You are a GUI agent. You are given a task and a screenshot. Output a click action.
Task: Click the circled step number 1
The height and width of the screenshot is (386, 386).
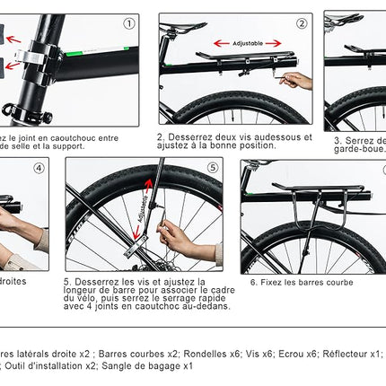(129, 24)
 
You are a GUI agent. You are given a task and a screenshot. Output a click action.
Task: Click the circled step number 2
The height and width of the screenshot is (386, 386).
(302, 24)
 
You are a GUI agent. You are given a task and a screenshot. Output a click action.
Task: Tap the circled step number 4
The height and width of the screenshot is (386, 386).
(39, 169)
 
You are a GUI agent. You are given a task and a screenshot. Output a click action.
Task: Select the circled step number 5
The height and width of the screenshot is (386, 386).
(212, 168)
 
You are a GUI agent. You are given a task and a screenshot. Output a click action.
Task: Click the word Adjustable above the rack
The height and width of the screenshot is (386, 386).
(248, 42)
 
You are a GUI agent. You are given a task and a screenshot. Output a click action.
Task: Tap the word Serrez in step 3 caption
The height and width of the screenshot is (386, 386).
(361, 140)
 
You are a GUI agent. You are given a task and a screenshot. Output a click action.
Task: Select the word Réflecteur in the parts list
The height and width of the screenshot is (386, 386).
(350, 353)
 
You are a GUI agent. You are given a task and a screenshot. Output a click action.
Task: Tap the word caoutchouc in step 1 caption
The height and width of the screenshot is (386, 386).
(69, 137)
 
